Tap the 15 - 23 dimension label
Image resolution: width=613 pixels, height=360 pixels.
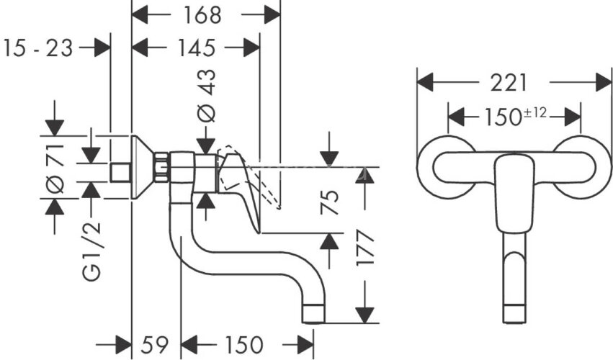point(39,48)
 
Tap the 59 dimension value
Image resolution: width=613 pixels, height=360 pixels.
point(155,345)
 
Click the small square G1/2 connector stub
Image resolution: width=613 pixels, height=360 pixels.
point(121,173)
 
